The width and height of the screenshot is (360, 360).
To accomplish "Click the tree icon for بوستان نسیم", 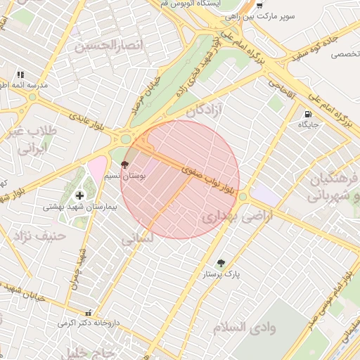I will pos(125,165).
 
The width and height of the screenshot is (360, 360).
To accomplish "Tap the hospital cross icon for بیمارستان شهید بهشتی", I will pos(79,195).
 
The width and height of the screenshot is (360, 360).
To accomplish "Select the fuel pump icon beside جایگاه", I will pos(307,115).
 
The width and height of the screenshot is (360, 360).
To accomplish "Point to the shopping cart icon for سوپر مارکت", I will pos(259,4).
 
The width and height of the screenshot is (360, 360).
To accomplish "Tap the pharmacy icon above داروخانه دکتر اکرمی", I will pos(87,312).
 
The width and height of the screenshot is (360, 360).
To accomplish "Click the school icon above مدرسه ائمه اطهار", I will pos(20,74).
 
